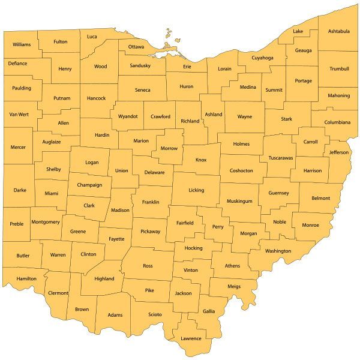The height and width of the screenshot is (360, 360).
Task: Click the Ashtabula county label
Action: coord(339,31)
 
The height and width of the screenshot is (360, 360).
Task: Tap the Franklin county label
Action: coord(151,202)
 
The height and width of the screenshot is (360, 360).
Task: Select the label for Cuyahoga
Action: coord(262,58)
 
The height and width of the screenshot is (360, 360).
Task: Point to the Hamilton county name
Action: coord(26,278)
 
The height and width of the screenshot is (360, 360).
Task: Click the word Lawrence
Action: coord(191,338)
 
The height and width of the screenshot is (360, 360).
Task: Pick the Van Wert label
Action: coord(19,114)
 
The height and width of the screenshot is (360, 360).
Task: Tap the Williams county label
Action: coord(22,44)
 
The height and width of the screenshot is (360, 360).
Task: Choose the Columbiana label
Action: coord(338,122)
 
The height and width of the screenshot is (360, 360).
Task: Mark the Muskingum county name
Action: coord(240,201)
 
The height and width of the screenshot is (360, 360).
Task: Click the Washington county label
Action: coord(278,251)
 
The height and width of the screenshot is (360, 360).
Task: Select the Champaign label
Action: coord(89,185)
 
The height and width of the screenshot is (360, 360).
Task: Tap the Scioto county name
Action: coord(155,314)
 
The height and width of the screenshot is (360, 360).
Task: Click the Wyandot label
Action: coord(128,116)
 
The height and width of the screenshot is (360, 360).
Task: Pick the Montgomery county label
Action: coord(45,222)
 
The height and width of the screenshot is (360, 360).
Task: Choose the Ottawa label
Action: coord(136,47)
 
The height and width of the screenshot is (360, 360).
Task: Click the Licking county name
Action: coord(196,190)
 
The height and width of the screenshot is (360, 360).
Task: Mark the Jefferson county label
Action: coord(339,152)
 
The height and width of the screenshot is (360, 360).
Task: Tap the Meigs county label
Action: coord(234,287)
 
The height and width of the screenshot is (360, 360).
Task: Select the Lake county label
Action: coord(298,31)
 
